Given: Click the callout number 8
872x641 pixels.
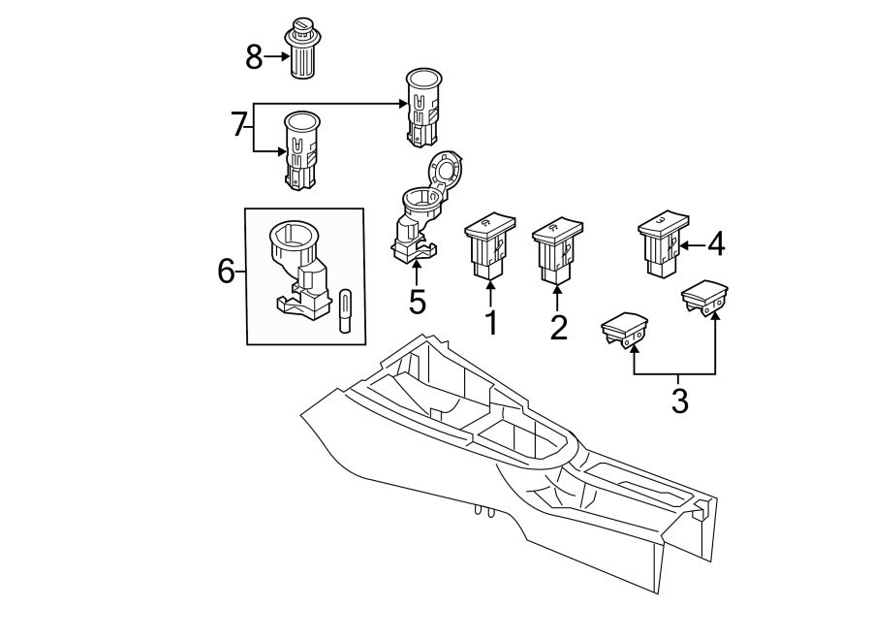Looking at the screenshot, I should tap(254, 57).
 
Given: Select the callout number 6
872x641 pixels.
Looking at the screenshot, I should tap(226, 272).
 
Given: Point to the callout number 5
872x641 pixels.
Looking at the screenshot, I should tap(417, 302).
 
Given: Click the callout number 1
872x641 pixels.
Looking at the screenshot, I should tap(491, 322).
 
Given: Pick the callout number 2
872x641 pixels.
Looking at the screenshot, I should tap(558, 327).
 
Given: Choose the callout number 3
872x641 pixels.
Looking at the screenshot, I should tap(679, 399).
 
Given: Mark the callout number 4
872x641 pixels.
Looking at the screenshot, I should tap(715, 244).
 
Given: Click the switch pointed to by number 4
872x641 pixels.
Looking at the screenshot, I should tap(662, 243).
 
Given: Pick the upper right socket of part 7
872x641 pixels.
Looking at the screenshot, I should tap(422, 107).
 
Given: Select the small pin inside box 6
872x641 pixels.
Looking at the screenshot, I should tap(344, 309).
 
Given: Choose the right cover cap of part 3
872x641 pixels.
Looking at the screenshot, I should tap(705, 296).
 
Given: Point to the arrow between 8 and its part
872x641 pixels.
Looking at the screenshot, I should tap(276, 56).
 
